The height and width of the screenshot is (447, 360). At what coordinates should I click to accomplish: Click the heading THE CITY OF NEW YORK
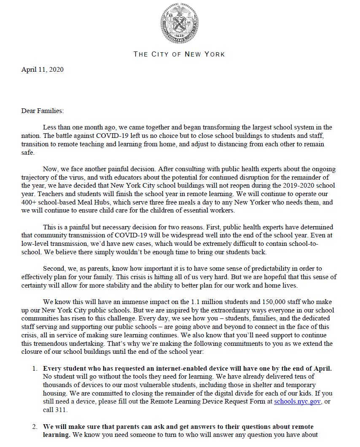pyautogui.click(x=179, y=54)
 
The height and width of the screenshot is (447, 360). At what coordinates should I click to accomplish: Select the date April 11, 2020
pyautogui.click(x=43, y=70)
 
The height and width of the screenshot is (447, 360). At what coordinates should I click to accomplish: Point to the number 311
pyautogui.click(x=61, y=409)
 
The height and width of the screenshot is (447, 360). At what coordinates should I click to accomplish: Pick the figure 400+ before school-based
pyautogui.click(x=30, y=202)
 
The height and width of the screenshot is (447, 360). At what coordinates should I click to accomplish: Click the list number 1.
pyautogui.click(x=35, y=368)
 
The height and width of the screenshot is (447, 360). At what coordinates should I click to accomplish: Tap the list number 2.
pyautogui.click(x=35, y=427)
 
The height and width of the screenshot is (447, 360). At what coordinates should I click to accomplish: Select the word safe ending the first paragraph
pyautogui.click(x=28, y=153)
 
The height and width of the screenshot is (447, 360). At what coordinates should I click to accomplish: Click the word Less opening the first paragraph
pyautogui.click(x=50, y=127)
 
